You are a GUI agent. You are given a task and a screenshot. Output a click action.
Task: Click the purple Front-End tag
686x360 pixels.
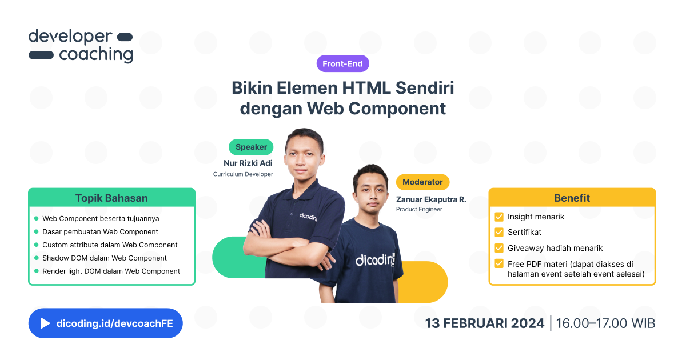pos(342,63)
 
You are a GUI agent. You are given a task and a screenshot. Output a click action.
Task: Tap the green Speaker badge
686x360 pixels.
pos(251,147)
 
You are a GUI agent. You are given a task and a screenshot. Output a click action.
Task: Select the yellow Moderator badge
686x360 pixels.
pos(422,182)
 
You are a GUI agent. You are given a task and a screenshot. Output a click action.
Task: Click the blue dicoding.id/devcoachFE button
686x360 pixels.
pos(105,323)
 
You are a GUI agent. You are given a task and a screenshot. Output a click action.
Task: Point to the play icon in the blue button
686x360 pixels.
pos(45,323)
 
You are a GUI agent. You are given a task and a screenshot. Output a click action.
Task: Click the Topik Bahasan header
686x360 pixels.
pos(111,198)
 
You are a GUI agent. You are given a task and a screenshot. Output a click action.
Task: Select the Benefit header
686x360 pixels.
pos(572,198)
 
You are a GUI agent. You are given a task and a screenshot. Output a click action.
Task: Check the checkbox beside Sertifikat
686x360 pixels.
pos(498,233)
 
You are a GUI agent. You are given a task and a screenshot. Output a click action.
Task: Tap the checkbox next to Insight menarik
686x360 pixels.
pos(498,217)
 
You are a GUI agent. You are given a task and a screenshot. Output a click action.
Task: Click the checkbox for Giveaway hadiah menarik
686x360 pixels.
pos(498,248)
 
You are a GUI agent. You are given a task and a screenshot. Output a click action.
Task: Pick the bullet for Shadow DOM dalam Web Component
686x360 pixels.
pos(37,258)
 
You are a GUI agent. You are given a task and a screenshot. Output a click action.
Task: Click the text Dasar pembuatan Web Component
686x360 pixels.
pos(100,231)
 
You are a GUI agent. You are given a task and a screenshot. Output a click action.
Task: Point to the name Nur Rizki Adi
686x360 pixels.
pos(248,163)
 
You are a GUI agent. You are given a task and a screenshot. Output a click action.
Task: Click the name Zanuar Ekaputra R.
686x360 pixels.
pos(431,199)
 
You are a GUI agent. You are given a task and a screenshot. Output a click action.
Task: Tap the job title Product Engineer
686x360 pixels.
pos(419,210)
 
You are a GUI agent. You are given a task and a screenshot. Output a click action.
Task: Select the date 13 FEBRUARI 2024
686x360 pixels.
pos(484,323)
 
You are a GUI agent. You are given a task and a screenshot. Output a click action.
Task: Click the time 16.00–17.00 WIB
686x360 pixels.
pos(605,323)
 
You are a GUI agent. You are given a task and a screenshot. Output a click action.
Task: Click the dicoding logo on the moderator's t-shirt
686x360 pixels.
pos(375,260)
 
